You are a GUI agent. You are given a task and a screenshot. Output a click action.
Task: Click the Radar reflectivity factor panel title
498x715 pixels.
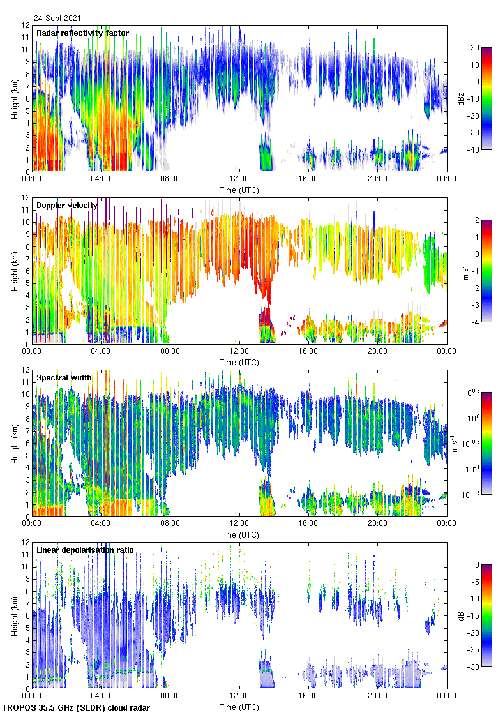pyautogui.click(x=82, y=33)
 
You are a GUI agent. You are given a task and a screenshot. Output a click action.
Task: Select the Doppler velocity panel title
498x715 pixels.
pyautogui.click(x=67, y=205)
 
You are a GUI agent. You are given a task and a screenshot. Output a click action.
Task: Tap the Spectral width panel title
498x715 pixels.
pyautogui.click(x=64, y=377)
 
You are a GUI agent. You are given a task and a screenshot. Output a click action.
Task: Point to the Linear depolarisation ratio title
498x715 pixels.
pyautogui.click(x=89, y=550)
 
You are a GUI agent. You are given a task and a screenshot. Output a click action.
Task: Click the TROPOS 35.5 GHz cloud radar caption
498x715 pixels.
pyautogui.click(x=76, y=708)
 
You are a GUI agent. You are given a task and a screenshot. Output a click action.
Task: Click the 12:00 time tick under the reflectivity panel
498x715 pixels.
pyautogui.click(x=239, y=179)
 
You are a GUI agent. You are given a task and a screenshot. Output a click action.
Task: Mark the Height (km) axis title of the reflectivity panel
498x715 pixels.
pyautogui.click(x=14, y=98)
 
